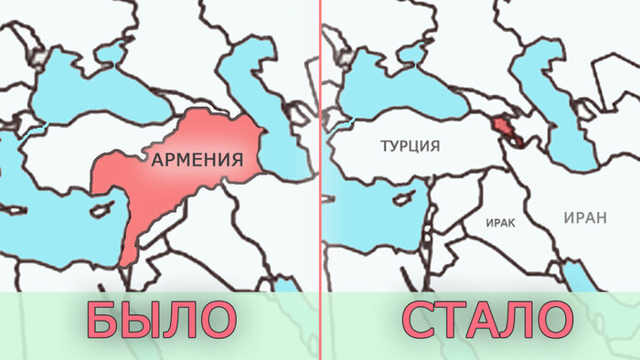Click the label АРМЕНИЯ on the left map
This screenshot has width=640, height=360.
tap(197, 160)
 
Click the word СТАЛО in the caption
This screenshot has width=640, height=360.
tap(485, 321)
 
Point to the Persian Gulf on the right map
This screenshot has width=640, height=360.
tap(574, 273)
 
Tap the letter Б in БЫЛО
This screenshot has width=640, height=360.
tap(102, 321)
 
